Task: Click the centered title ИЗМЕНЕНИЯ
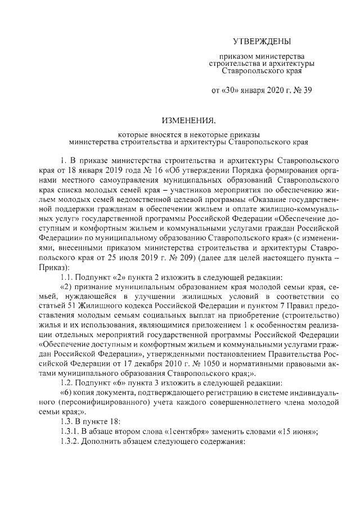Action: point(188,120)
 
